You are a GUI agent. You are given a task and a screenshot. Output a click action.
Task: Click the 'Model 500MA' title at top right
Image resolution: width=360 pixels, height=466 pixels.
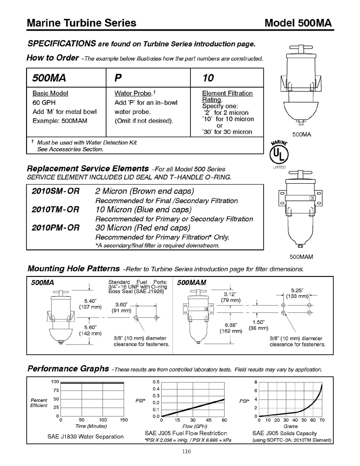298,23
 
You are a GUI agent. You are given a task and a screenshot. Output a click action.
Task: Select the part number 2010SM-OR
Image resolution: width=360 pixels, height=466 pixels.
55,191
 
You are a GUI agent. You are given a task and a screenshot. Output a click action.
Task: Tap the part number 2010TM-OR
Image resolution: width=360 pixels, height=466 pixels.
55,209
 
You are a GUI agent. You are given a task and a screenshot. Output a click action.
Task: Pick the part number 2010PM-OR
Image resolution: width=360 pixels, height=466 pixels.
55,228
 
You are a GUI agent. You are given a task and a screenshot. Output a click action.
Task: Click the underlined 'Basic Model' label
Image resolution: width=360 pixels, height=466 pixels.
50,93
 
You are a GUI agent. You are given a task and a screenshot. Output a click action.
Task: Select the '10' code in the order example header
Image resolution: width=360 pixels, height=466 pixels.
208,78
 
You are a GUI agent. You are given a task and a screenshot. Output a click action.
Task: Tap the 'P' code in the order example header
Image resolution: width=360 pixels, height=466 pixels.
118,78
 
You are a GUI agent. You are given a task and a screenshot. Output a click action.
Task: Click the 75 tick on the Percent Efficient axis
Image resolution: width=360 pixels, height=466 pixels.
56,390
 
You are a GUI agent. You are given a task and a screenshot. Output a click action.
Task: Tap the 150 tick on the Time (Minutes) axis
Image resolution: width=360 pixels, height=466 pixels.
123,420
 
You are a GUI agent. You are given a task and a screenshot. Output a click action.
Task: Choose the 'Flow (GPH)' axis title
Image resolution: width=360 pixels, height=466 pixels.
194,426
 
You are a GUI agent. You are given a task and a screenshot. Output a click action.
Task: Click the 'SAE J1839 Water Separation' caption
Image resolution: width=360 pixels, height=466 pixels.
85,436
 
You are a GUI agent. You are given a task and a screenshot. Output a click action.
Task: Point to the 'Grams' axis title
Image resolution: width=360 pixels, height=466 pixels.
291,426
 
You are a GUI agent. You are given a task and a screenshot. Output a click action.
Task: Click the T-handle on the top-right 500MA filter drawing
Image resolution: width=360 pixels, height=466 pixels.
297,48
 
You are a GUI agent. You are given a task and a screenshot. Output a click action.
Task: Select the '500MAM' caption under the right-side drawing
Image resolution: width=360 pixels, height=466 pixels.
301,257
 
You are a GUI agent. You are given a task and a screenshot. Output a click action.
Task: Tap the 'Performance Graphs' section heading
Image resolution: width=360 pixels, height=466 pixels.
68,369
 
